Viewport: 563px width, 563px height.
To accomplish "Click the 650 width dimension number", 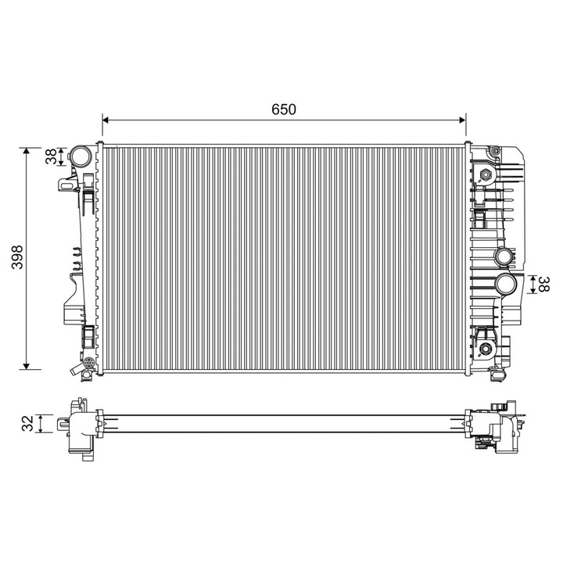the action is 284,109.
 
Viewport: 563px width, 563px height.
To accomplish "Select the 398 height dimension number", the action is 17,257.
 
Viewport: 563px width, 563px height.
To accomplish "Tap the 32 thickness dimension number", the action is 27,423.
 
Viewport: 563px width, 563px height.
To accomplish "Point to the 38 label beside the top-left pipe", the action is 52,156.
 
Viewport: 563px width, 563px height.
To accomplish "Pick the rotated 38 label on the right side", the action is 544,284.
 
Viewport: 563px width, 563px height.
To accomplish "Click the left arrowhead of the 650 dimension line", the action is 106,120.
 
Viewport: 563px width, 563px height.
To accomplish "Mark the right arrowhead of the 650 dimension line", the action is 462,120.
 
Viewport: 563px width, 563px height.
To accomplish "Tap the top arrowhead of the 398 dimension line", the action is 26,151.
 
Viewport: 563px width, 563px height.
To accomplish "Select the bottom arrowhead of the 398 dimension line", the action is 26,366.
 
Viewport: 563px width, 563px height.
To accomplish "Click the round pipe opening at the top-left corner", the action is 80,156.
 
